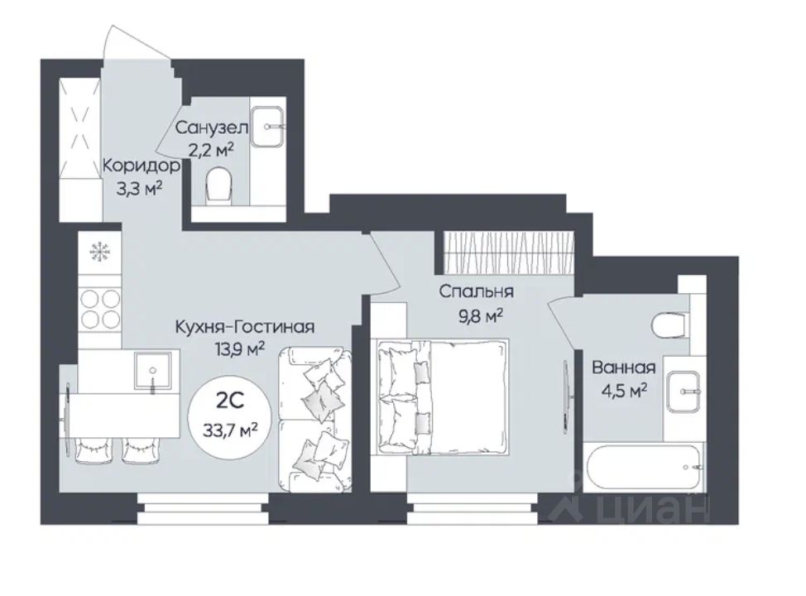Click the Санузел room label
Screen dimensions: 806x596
(211, 127)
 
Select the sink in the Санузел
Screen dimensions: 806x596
(266, 127)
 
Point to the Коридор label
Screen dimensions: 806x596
(142, 166)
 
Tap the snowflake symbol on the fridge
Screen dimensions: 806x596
(99, 252)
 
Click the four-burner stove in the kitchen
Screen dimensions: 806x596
(100, 308)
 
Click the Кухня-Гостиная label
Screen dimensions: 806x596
(245, 326)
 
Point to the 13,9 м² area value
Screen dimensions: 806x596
(241, 350)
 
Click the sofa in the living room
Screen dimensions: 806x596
(315, 419)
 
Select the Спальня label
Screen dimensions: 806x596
(476, 291)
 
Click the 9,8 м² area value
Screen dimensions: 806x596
(480, 315)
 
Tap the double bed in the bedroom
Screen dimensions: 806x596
(443, 397)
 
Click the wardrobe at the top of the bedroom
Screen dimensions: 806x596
(507, 253)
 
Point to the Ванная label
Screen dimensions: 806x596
(623, 368)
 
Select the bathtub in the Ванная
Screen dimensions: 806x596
(645, 466)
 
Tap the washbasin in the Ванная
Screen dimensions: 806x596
(684, 392)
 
